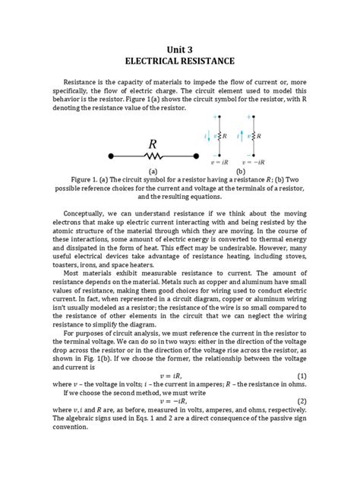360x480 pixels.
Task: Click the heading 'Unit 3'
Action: [180, 47]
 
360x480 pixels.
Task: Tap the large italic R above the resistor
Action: [153, 144]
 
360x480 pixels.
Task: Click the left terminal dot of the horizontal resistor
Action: [111, 156]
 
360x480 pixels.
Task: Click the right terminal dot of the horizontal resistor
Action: [194, 156]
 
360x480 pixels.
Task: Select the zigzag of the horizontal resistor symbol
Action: [153, 156]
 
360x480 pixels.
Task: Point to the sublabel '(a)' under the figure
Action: [153, 172]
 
